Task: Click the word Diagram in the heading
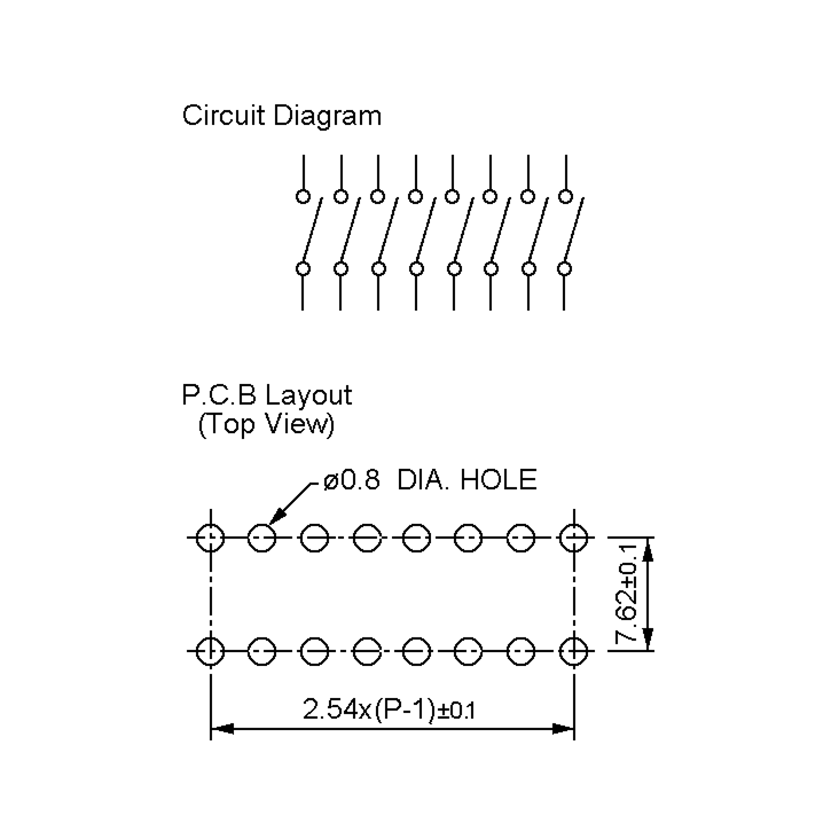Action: click(x=328, y=116)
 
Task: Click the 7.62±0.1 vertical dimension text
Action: click(x=628, y=594)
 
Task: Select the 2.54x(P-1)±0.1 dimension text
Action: click(x=389, y=710)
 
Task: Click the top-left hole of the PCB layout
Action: click(x=210, y=538)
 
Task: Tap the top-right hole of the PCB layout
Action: click(x=574, y=538)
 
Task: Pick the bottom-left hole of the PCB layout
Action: click(x=210, y=651)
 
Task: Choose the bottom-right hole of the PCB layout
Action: click(x=574, y=651)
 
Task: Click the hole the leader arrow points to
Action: click(x=262, y=538)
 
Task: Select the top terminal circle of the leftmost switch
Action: click(x=303, y=196)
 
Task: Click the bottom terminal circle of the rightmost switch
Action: click(x=564, y=269)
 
